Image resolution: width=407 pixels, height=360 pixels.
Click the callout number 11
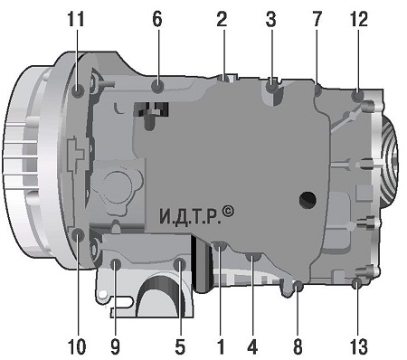pos(76,20)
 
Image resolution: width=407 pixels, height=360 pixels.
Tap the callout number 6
pos(157,20)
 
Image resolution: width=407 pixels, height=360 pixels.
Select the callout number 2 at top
pos(222,20)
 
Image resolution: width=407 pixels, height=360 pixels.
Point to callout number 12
pos(359,20)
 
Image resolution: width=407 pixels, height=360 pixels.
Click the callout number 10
pos(77,346)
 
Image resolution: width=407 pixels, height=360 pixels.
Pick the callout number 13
pos(359,346)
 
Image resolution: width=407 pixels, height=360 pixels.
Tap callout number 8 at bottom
pos(298,346)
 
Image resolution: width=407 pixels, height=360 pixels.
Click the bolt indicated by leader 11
pos(78,90)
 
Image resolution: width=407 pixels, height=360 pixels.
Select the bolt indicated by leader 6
pos(157,87)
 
